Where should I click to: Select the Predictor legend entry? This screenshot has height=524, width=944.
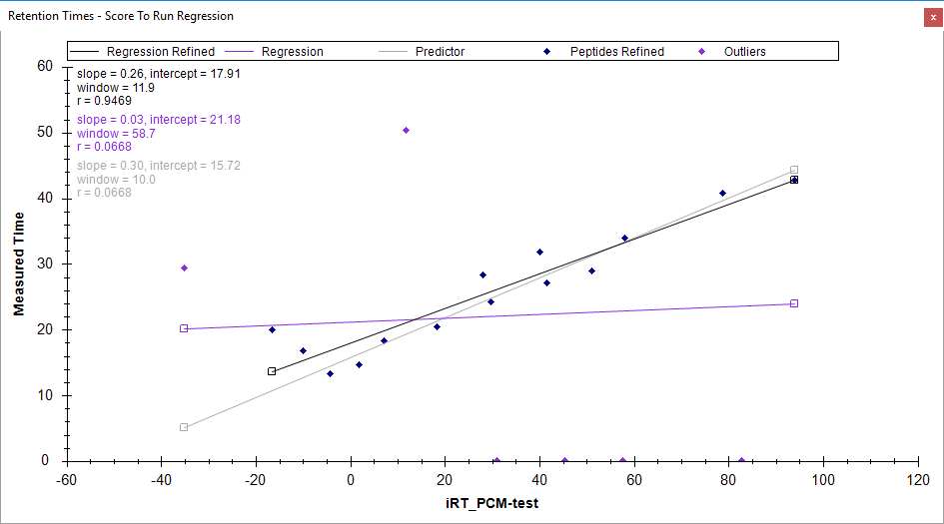coord(440,51)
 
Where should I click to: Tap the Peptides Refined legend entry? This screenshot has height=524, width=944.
coord(616,51)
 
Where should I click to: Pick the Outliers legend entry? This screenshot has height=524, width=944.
coord(744,51)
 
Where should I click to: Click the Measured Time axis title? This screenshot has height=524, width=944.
coord(19,262)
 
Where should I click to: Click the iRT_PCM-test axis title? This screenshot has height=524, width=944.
coord(492,503)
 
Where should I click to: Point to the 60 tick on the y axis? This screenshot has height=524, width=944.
coord(45,66)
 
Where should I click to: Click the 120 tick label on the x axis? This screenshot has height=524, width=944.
coord(917,478)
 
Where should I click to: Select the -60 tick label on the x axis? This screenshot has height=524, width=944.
coord(66,478)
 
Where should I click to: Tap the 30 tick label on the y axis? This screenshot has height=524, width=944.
coord(45,263)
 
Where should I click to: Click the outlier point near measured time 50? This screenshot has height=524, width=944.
coord(406,131)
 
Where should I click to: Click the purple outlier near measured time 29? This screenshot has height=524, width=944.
coord(184,267)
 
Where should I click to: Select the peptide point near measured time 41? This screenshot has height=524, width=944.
coord(722,194)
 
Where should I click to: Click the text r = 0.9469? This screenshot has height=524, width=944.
coord(104,101)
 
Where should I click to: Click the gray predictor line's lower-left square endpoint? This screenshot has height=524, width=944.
coord(184,427)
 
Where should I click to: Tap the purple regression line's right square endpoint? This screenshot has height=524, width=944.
coord(794,303)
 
